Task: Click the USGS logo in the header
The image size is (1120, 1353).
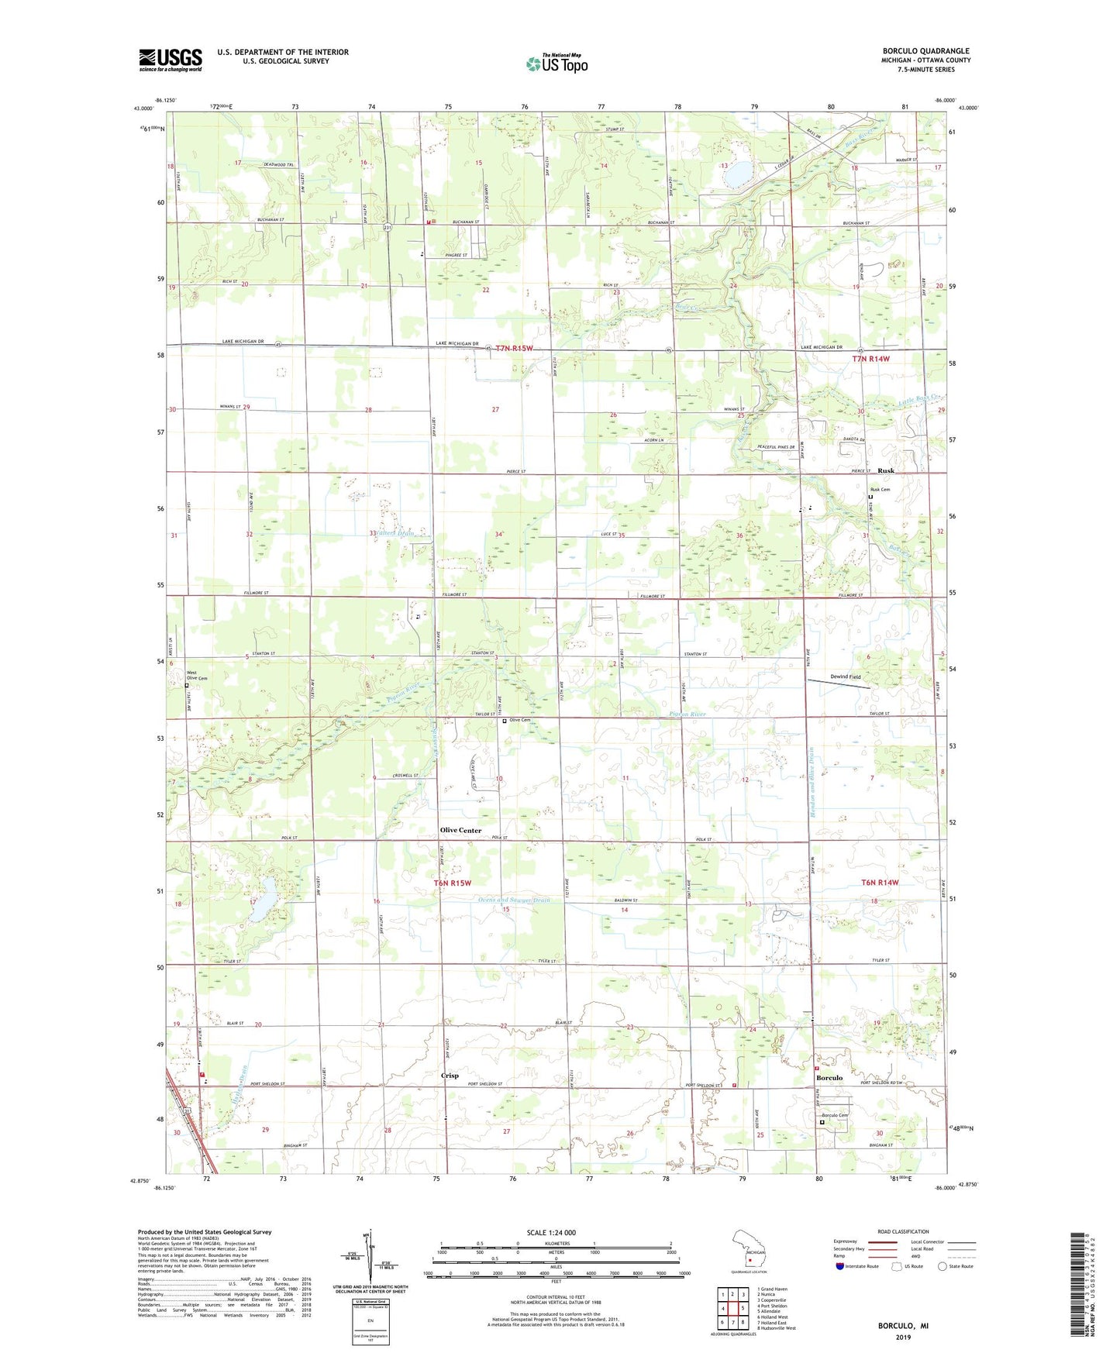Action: click(x=171, y=60)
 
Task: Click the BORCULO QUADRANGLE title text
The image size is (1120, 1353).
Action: click(x=925, y=51)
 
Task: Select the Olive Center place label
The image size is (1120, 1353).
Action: click(x=460, y=830)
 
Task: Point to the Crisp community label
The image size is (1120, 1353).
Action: click(x=450, y=1076)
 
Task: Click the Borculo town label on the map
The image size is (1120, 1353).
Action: click(x=829, y=1078)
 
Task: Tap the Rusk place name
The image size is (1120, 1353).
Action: click(x=885, y=470)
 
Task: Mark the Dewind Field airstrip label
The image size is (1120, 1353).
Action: click(x=846, y=676)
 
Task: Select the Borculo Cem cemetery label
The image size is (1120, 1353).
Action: click(x=835, y=1115)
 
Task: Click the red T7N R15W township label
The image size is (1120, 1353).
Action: click(x=515, y=349)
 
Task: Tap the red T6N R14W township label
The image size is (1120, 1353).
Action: click(x=880, y=883)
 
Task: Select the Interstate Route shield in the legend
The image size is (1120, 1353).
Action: click(x=840, y=1266)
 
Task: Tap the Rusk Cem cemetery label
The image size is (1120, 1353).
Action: click(x=880, y=490)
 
